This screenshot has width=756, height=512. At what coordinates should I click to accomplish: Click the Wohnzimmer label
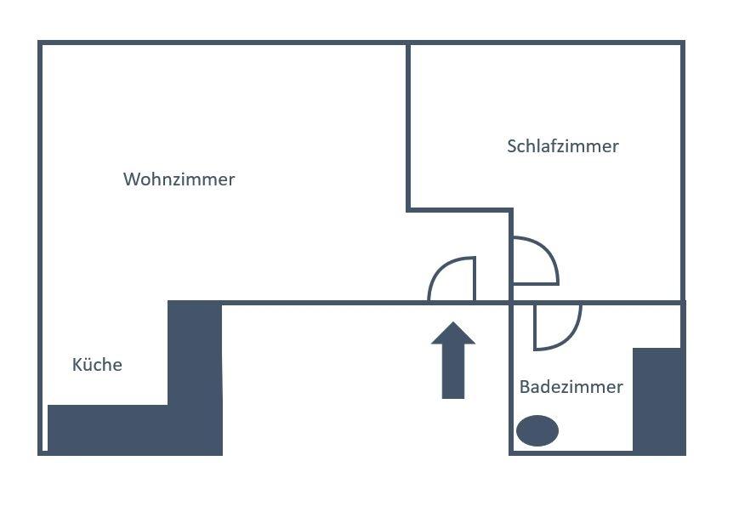point(179,179)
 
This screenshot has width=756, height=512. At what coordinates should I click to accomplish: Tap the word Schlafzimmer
point(562,146)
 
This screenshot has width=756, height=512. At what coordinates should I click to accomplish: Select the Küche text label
point(97,365)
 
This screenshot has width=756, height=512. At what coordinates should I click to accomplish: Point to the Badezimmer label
point(571,387)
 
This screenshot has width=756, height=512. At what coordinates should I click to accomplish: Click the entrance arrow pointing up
point(452,361)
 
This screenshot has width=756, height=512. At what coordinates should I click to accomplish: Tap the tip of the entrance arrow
point(452,325)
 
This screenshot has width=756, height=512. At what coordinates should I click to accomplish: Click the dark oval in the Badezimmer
point(537,430)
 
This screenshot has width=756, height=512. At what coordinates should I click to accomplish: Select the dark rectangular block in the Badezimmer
point(658,399)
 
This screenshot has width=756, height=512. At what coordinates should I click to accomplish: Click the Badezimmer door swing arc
point(571,337)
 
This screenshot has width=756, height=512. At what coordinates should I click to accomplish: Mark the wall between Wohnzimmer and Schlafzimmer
point(408,128)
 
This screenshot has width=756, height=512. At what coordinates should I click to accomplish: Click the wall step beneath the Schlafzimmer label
point(460,208)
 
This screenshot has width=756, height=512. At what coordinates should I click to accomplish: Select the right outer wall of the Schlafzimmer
point(682,170)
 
